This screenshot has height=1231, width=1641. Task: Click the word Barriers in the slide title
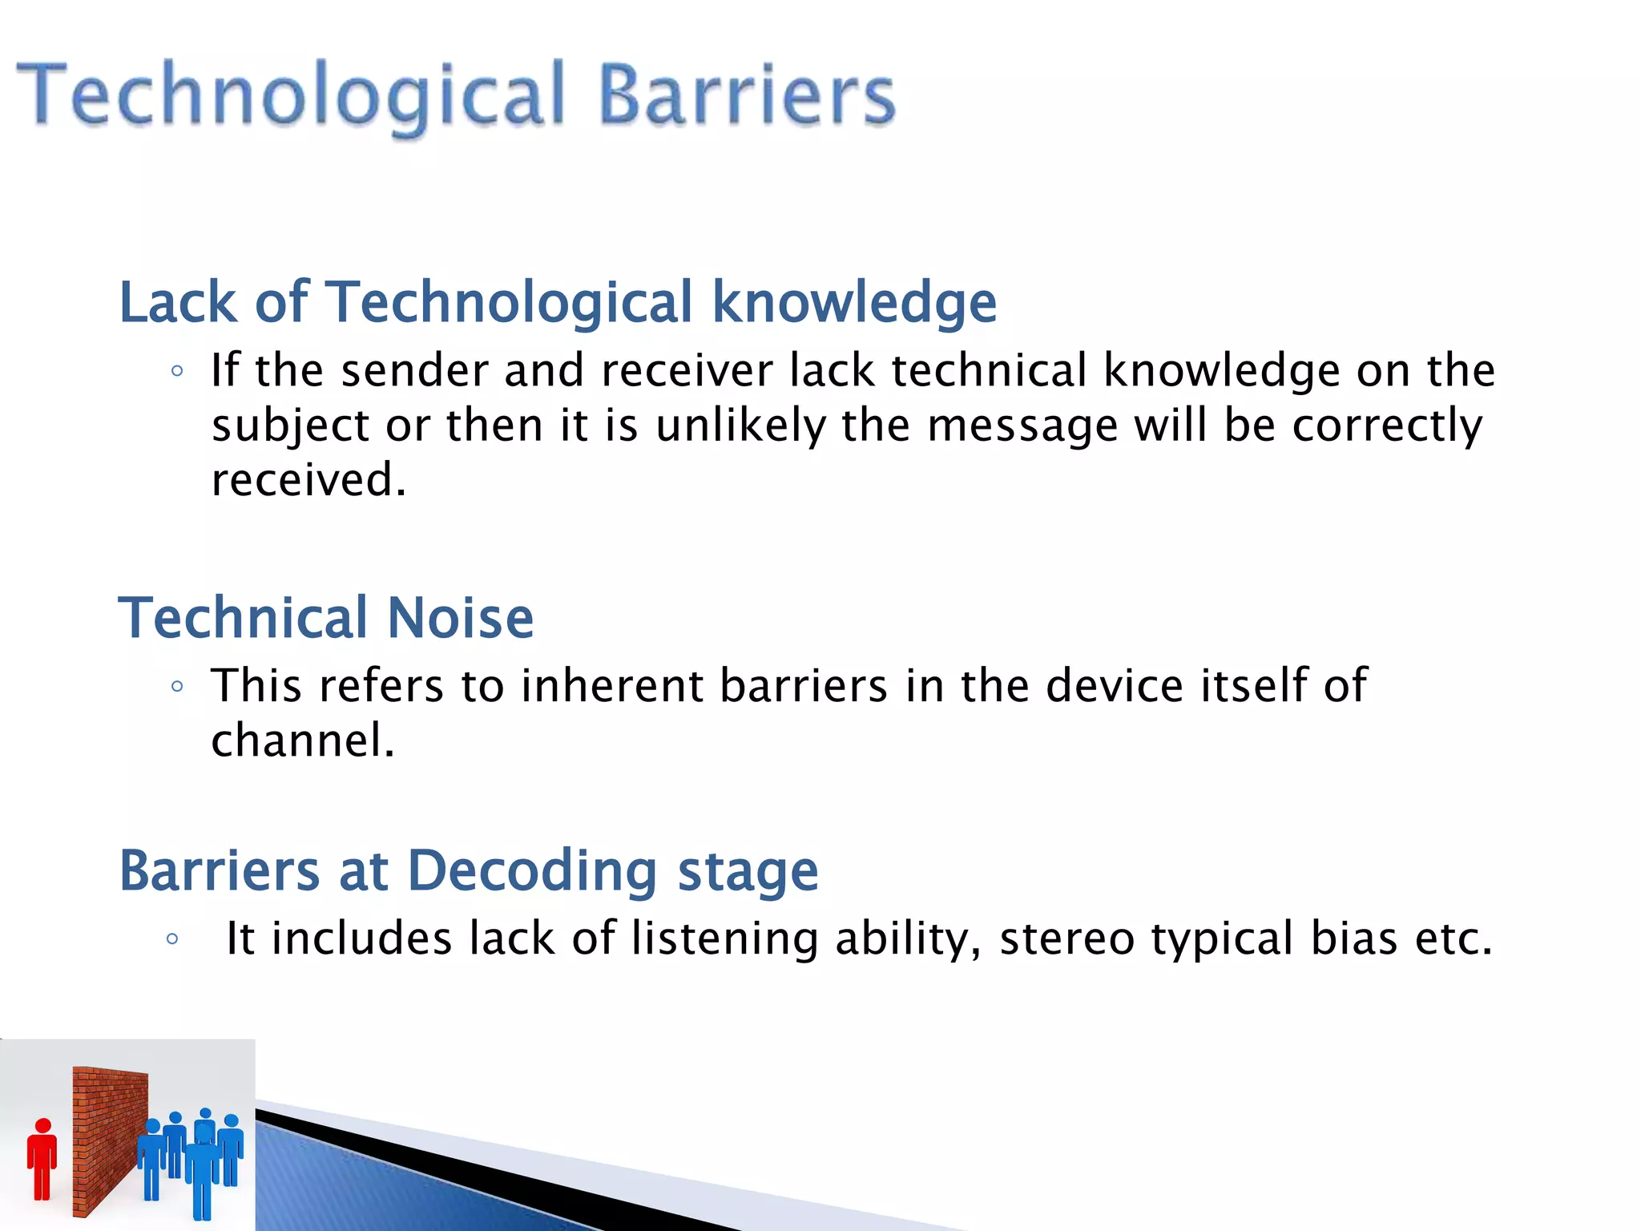(x=747, y=96)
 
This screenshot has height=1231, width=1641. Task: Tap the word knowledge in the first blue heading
(x=854, y=303)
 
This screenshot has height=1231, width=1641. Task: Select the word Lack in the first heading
(x=178, y=303)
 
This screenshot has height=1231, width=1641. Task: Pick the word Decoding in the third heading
(x=532, y=872)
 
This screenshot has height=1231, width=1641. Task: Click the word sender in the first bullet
(x=414, y=372)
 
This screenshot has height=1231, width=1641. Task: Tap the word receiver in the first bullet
(x=687, y=372)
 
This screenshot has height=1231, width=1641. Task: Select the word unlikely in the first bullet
(x=740, y=426)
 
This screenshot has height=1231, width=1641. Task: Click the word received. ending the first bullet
(x=308, y=481)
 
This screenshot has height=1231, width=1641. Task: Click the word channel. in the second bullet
(x=303, y=741)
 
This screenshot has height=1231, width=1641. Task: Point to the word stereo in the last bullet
(x=1066, y=939)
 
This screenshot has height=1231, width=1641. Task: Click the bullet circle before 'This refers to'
(x=177, y=687)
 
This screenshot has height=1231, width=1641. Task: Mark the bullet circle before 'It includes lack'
(x=171, y=939)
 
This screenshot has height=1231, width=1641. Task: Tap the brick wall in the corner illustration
(x=108, y=1138)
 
